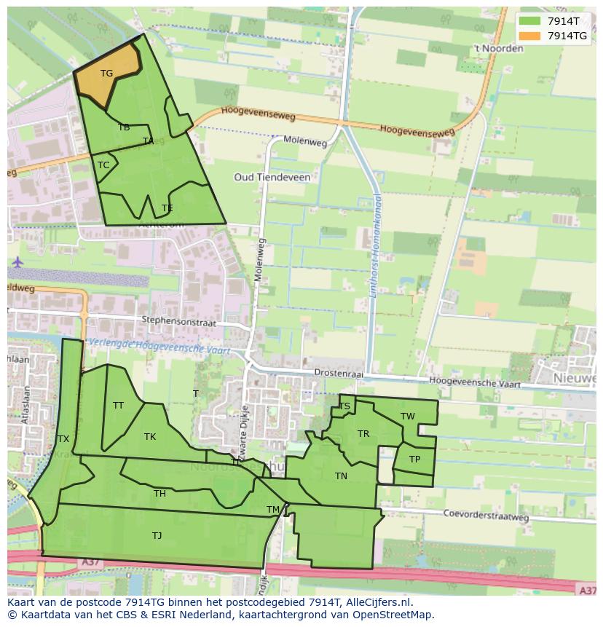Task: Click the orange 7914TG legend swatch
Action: pos(530,36)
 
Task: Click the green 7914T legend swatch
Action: pos(530,21)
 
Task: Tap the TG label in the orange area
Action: pos(106,73)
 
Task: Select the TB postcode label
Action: pos(124,127)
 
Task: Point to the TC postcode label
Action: pos(103,165)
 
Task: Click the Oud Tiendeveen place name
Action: pos(272,177)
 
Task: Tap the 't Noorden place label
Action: pos(498,49)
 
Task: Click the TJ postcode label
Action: pos(157,536)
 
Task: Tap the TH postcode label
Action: pos(159,494)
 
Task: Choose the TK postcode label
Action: pos(150,437)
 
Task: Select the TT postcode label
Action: pos(118,406)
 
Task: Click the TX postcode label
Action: pos(63,439)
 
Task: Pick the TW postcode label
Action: pos(407,417)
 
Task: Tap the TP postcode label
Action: pos(414,460)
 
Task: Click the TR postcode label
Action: pos(363,434)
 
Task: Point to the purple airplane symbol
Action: pos(17,261)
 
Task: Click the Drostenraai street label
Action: pos(338,372)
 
